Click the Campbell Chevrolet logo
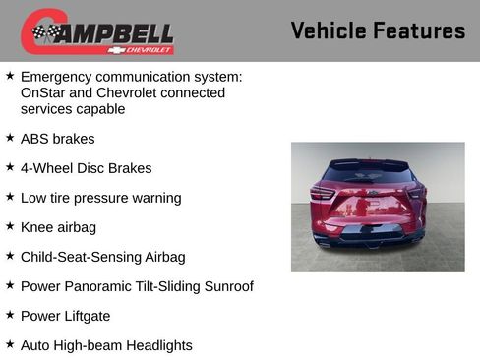click(97, 32)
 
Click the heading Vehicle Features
click(378, 30)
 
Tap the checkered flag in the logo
click(45, 33)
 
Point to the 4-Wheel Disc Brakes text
click(86, 168)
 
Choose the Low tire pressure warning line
click(100, 198)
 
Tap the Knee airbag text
click(58, 227)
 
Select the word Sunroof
click(225, 286)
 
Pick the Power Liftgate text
click(65, 316)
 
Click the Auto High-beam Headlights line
click(106, 345)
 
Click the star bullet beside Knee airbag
click(10, 226)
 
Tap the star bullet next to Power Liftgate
click(10, 315)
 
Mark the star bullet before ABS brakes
click(10, 138)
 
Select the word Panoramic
click(102, 286)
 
